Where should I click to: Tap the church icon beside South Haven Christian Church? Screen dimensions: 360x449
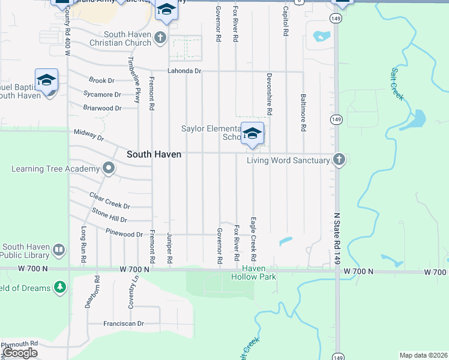(159, 38)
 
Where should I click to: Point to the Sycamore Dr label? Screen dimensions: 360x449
(102, 94)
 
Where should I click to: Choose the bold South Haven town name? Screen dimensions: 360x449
(154, 154)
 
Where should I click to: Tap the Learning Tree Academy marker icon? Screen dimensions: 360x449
(108, 169)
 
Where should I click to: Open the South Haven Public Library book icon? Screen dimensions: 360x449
(58, 249)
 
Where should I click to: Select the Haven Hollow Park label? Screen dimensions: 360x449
(253, 273)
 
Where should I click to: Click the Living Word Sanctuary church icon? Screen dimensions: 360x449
(339, 160)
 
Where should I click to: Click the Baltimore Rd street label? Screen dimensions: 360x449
(303, 112)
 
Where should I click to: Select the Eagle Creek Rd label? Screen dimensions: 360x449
(253, 238)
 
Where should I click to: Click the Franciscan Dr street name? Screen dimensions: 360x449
(124, 323)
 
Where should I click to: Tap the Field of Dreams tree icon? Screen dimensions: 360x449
(59, 288)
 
